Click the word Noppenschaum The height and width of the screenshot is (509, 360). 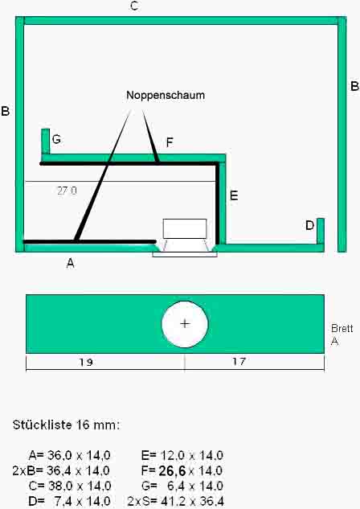[x=166, y=96]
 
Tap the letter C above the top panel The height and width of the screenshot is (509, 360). [x=134, y=6]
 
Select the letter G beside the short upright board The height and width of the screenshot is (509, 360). [x=56, y=139]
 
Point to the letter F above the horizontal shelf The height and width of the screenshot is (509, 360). [x=170, y=142]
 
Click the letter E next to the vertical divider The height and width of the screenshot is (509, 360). [x=234, y=195]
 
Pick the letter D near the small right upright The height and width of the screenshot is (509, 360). [x=309, y=225]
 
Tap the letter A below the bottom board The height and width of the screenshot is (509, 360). [x=71, y=263]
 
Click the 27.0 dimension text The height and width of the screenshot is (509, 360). [x=67, y=191]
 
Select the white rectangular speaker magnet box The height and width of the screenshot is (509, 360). [x=185, y=228]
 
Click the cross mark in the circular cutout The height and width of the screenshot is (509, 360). [x=185, y=323]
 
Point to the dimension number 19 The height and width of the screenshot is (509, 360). [x=86, y=362]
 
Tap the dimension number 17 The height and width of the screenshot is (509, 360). [x=239, y=361]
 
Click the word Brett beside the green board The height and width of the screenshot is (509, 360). [x=342, y=329]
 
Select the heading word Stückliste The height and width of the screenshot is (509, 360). [x=42, y=425]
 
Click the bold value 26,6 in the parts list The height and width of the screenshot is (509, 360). [x=172, y=470]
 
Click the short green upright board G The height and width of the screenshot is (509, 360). [x=46, y=142]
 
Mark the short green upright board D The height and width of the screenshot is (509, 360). [x=321, y=231]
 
